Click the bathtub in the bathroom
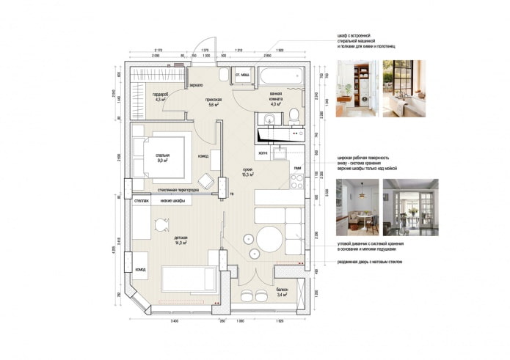click(x=278, y=77)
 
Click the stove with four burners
click(x=297, y=181)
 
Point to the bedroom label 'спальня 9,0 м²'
click(x=163, y=158)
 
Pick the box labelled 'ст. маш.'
click(x=242, y=76)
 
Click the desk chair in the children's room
click(x=160, y=225)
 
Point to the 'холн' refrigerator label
click(x=263, y=153)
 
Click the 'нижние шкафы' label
click(x=173, y=201)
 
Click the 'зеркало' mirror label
click(x=196, y=85)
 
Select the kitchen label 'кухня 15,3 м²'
click(x=248, y=172)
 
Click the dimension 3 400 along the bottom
click(x=175, y=321)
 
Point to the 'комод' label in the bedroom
click(x=203, y=156)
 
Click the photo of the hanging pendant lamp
click(x=357, y=197)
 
